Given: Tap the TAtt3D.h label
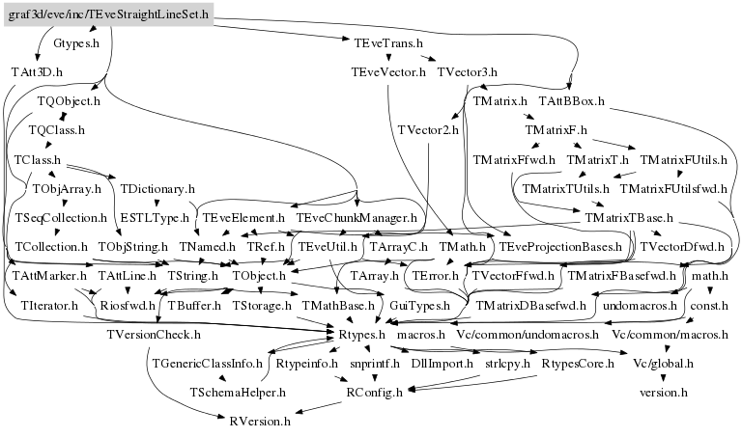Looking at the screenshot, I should tap(37, 72).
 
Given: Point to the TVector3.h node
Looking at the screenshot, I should tap(467, 72).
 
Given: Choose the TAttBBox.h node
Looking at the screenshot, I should tap(571, 100).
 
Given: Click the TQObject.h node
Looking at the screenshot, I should tap(69, 100).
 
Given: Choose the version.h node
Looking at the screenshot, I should tap(663, 393).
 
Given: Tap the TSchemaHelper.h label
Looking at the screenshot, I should tap(238, 393).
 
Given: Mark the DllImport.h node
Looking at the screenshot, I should tap(442, 364).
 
